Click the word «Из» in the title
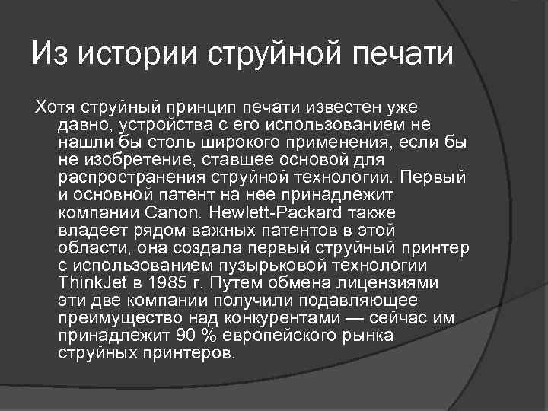tap(52, 55)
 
